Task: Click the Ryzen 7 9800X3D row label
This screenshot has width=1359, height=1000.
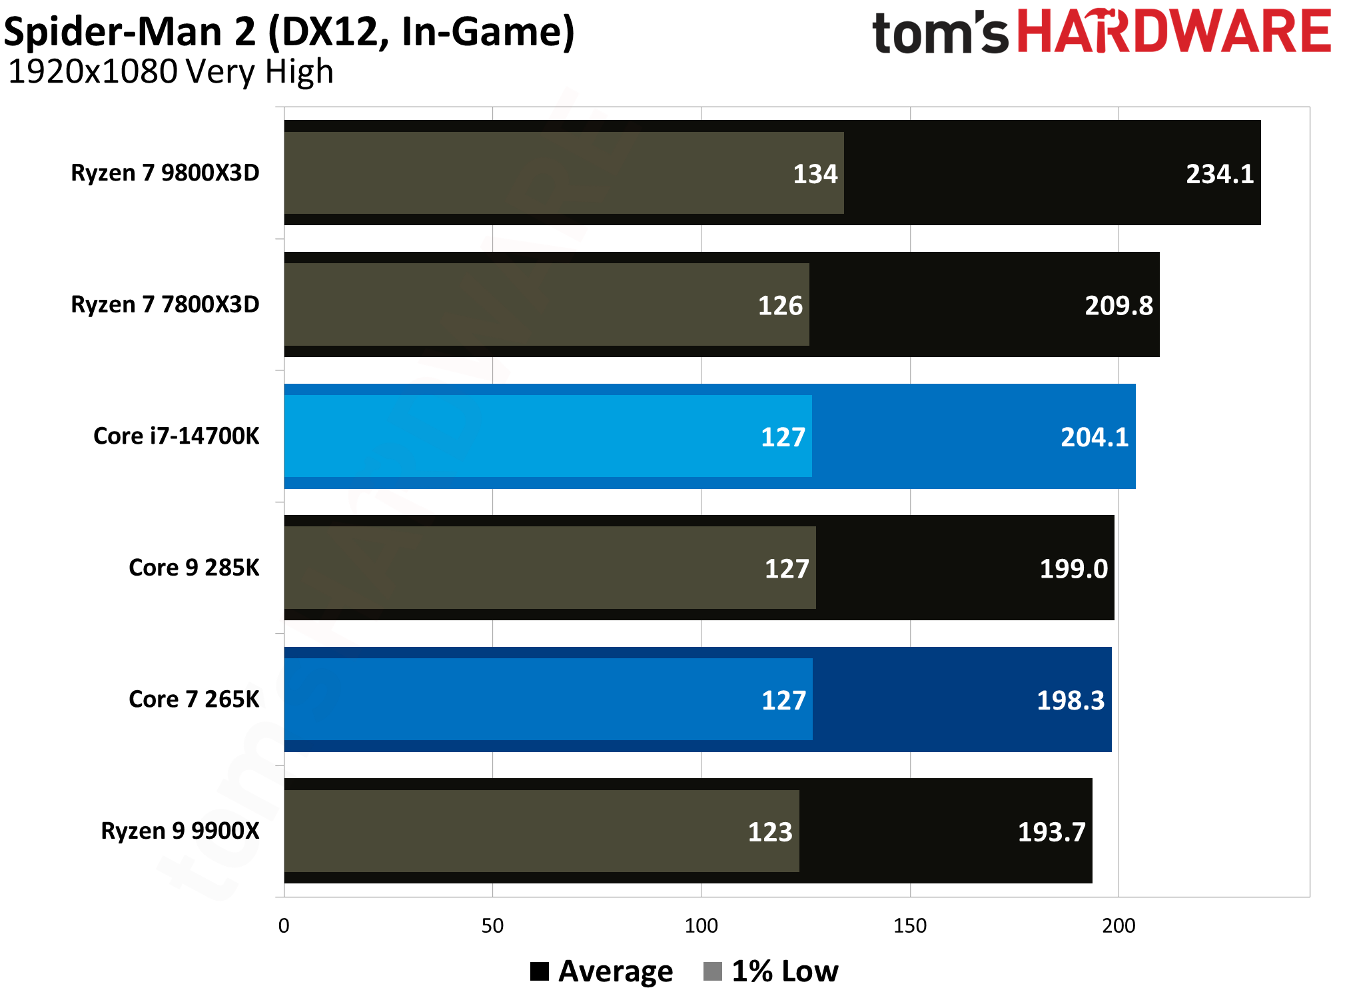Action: tap(165, 173)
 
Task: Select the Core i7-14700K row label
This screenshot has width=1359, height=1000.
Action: tap(176, 436)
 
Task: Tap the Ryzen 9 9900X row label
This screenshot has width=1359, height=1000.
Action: tap(180, 831)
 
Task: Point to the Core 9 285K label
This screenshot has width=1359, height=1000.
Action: tap(194, 568)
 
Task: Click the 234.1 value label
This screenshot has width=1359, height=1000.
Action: tap(1219, 174)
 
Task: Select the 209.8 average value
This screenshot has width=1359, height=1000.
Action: tap(1119, 306)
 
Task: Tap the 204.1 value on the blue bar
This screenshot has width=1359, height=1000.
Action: tap(1094, 437)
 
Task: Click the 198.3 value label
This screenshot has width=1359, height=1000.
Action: tap(1070, 700)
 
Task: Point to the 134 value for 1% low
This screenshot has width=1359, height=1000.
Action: tap(815, 174)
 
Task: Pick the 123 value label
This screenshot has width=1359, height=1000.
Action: tap(770, 832)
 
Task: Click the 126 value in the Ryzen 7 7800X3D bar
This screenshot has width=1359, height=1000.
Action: tap(780, 306)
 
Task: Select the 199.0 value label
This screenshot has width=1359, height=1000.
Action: tap(1073, 569)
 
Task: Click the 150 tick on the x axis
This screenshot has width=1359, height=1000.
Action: tap(909, 925)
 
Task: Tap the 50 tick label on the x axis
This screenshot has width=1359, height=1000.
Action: tap(492, 925)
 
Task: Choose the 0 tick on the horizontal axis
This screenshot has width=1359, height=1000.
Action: tap(284, 925)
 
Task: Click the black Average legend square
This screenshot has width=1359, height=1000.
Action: tap(539, 971)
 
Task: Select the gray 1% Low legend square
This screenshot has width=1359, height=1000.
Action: tap(712, 971)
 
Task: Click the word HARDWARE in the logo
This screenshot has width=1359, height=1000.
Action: tap(1174, 31)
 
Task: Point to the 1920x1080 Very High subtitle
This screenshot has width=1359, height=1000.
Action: tap(171, 72)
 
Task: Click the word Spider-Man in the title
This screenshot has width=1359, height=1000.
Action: tap(130, 31)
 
